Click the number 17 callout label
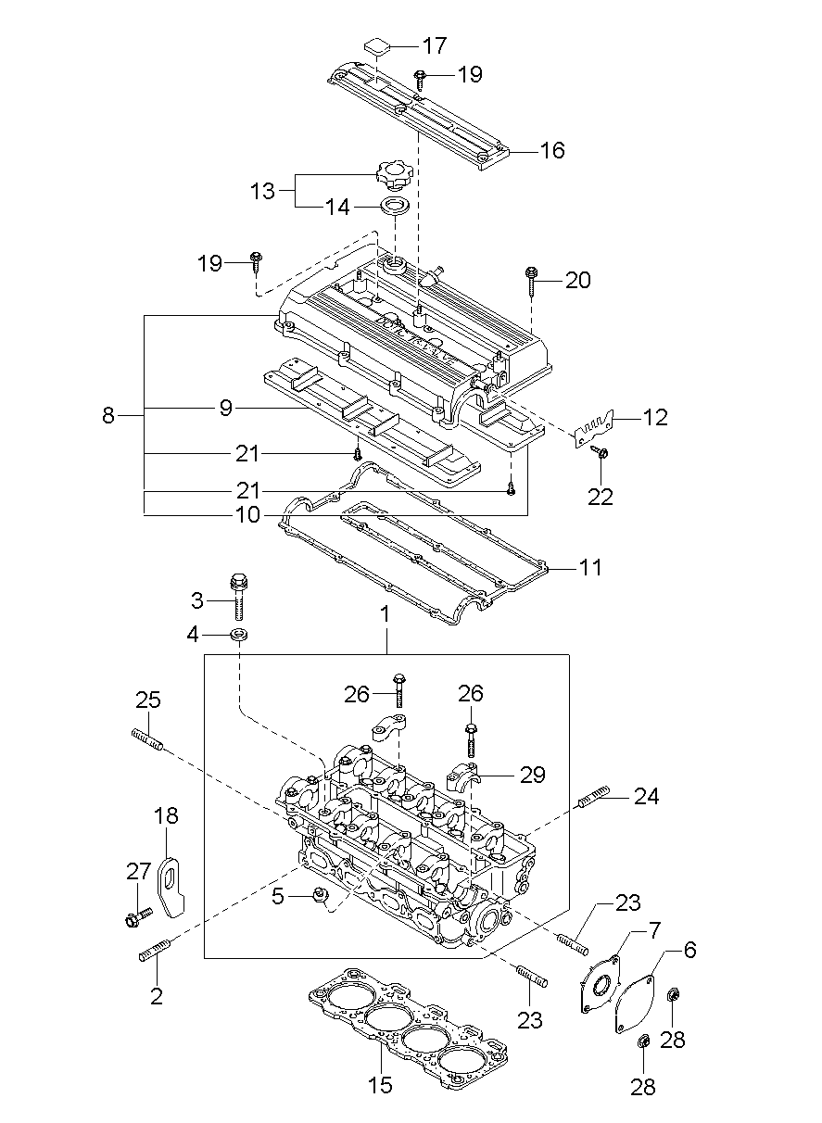click(435, 45)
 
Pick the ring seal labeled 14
click(396, 205)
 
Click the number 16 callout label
click(551, 150)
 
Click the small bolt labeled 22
click(599, 452)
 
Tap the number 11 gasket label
click(589, 567)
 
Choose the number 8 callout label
click(108, 415)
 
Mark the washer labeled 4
click(239, 636)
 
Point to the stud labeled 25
click(148, 740)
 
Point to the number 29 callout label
click(532, 774)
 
